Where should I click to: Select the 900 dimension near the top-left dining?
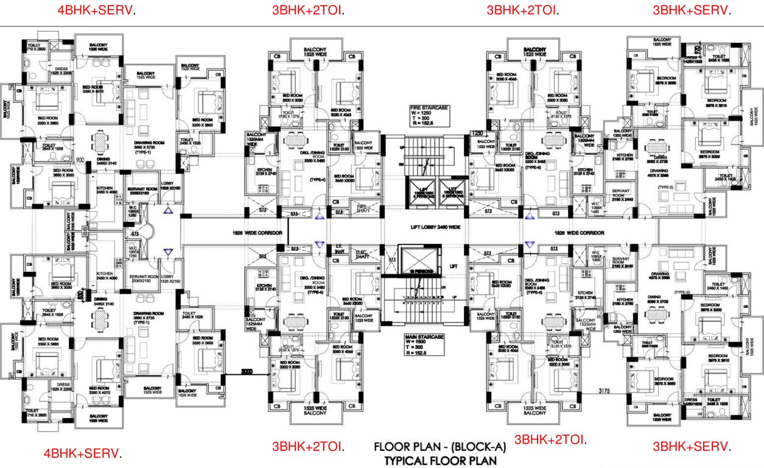coord(80,160)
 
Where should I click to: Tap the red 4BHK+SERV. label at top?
coord(96,10)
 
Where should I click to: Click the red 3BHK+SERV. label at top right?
coord(692,10)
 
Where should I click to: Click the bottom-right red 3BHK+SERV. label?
coord(692,447)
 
